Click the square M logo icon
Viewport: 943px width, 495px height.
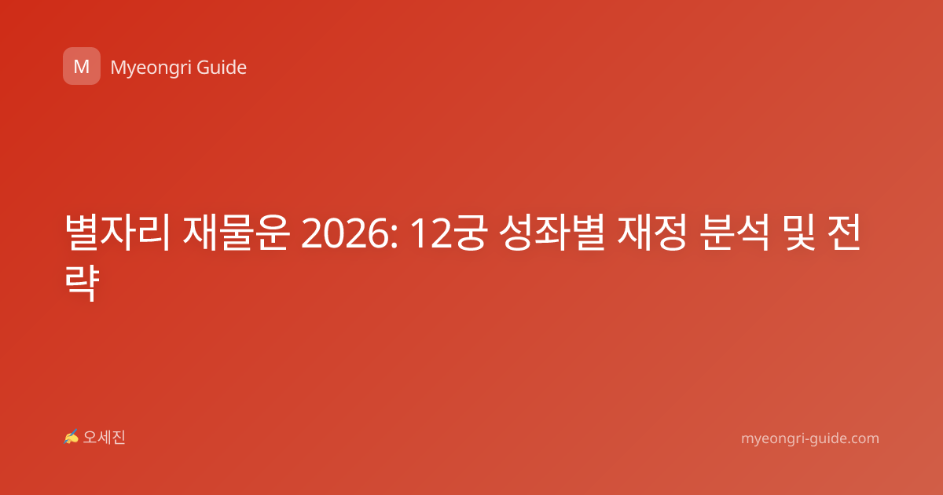(82, 66)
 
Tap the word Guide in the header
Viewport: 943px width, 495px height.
(222, 67)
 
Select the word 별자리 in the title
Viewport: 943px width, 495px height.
(117, 233)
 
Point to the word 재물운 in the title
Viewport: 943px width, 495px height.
(237, 233)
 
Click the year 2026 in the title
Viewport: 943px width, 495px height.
(345, 233)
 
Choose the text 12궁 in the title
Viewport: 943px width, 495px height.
(449, 233)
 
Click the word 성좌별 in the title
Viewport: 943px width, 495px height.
(552, 233)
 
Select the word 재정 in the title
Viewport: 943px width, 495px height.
(652, 233)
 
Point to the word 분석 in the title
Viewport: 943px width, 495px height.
(736, 233)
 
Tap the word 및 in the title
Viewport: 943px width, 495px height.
(798, 233)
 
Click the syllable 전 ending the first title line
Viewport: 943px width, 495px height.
(844, 233)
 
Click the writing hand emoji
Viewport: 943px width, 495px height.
(71, 438)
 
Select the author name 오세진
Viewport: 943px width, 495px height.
(104, 438)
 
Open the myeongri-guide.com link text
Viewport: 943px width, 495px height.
(810, 438)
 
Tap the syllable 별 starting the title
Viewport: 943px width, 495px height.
(82, 233)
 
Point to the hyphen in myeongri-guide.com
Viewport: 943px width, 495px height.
(804, 440)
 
